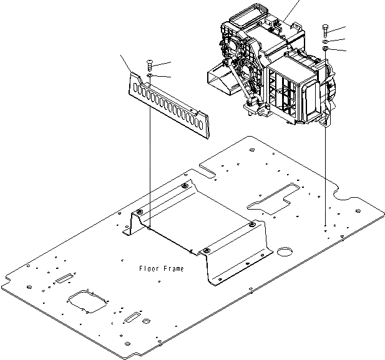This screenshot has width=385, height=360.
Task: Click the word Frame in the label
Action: pyautogui.click(x=173, y=269)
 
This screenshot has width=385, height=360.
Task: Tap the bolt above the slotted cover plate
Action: pyautogui.click(x=149, y=64)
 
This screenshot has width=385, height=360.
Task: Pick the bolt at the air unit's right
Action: pyautogui.click(x=326, y=31)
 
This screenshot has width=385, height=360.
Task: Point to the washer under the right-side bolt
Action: pyautogui.click(x=326, y=42)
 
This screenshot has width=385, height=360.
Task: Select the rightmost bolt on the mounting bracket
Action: pyautogui.click(x=251, y=224)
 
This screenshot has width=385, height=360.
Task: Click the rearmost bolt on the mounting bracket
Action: pyautogui.click(x=183, y=186)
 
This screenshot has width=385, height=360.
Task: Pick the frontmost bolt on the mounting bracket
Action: pyautogui.click(x=207, y=251)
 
